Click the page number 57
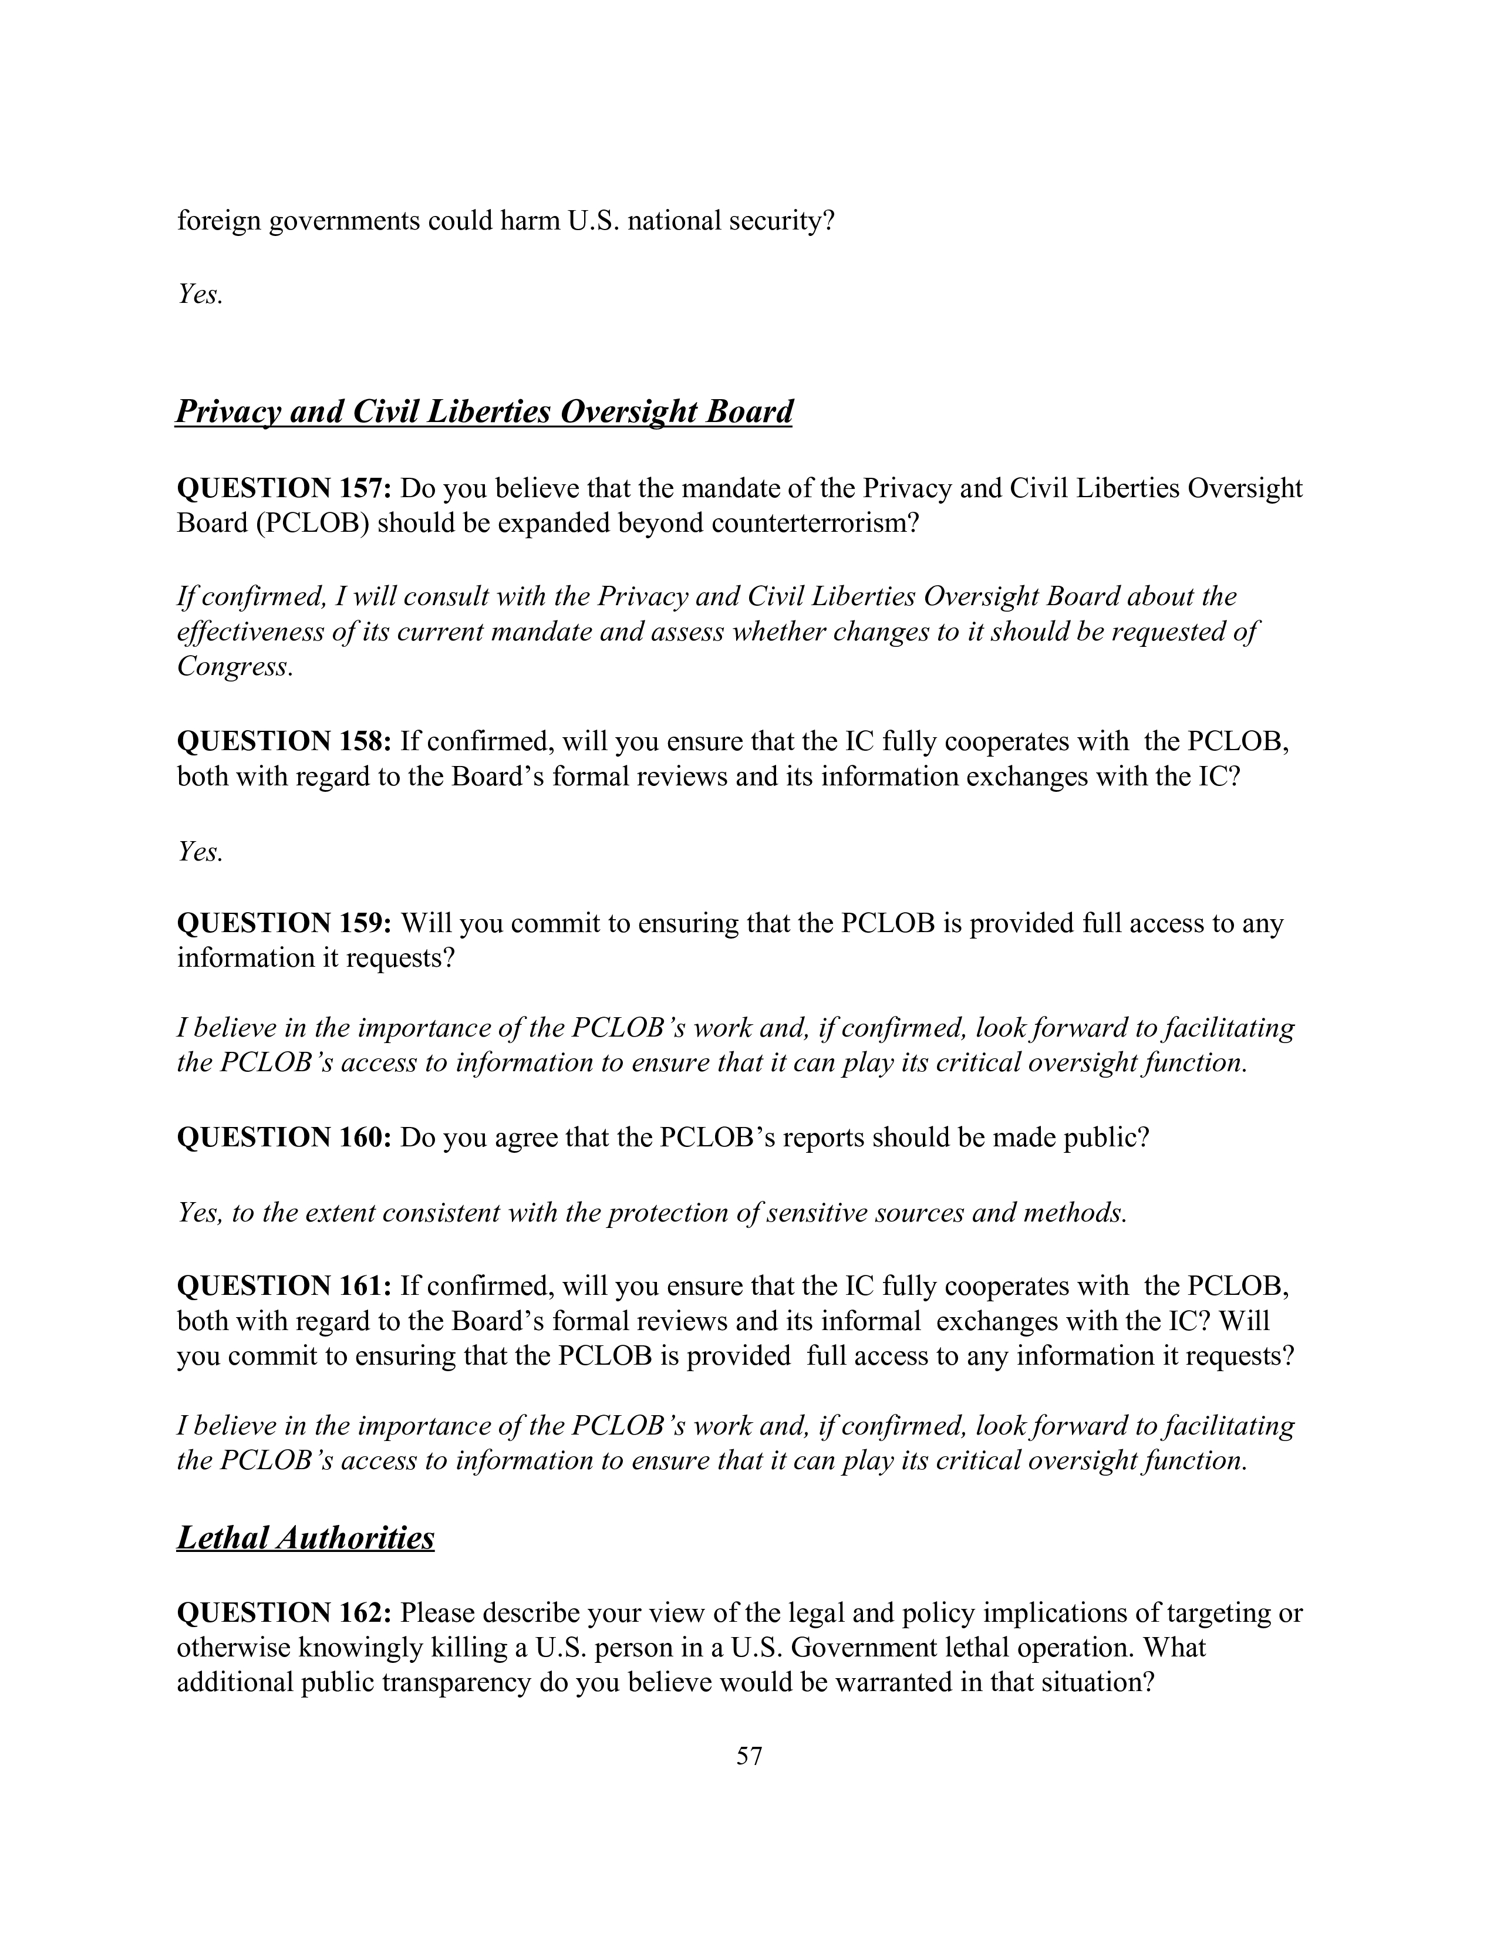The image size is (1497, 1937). tap(748, 1755)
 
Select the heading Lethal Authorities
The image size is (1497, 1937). tap(305, 1537)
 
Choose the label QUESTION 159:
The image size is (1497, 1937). tap(284, 923)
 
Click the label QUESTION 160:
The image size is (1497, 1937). tap(284, 1137)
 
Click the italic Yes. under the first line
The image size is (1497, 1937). tap(200, 293)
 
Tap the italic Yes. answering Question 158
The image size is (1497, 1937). tap(200, 852)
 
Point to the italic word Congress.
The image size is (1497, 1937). tap(234, 666)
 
